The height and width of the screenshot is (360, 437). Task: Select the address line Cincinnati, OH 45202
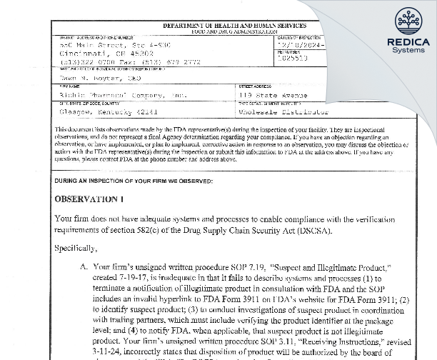coord(97,52)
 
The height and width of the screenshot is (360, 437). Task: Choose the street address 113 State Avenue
coord(274,94)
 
